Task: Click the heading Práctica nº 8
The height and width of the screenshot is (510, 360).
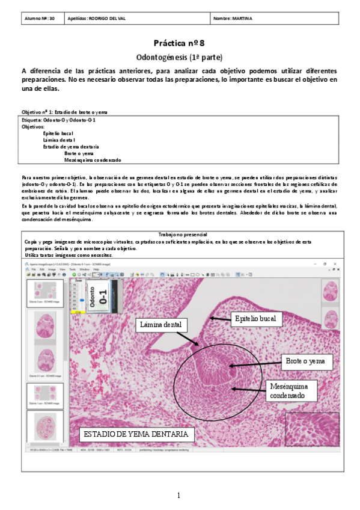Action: [180, 43]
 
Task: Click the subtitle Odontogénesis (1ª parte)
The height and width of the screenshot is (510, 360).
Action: [180, 58]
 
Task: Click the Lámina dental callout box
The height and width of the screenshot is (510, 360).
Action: [161, 325]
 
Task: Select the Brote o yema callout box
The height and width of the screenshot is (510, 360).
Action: [305, 361]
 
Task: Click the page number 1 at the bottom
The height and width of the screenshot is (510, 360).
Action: [179, 496]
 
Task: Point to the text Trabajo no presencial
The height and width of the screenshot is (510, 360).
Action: [179, 234]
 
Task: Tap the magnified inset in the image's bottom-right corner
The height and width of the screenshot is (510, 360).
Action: [312, 430]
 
